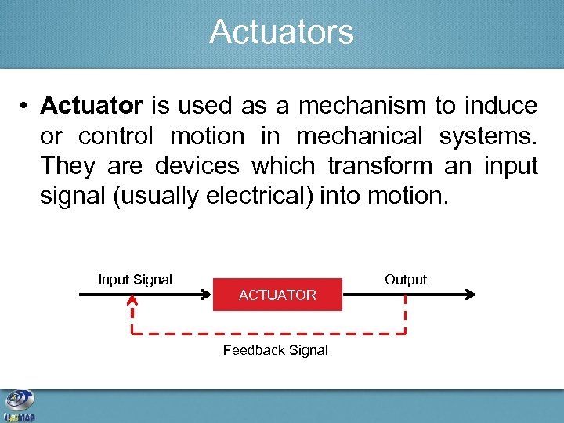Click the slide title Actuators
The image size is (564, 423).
coord(281,32)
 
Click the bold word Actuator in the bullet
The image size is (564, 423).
coord(92,106)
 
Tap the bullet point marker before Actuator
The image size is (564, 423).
coord(25,107)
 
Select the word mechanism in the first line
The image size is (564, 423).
coord(359,106)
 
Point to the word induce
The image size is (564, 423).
coord(501,106)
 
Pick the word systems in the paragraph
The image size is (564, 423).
coord(487,136)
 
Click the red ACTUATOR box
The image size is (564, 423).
coord(277,295)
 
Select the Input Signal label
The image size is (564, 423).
coord(135,279)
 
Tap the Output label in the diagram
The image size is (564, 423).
coord(405,280)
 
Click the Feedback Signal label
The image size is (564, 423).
coord(275,350)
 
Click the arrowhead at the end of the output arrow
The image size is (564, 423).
coord(469,295)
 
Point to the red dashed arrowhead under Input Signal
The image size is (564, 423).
coord(132,301)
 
